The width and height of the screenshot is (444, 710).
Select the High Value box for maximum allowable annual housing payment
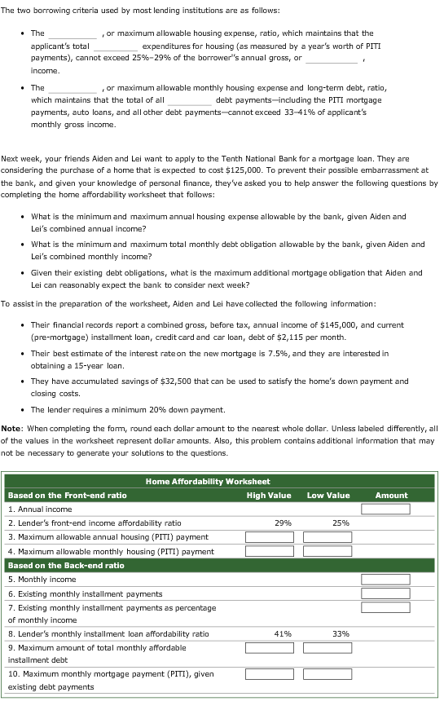tap(269, 537)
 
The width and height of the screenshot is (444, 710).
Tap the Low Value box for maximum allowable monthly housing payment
tap(328, 551)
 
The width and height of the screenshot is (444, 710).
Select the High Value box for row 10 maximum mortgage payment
tap(269, 675)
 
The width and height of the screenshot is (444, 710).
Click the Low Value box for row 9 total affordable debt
tap(328, 648)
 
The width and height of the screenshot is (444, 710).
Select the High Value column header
tap(268, 495)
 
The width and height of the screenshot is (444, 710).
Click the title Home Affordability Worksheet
tap(208, 482)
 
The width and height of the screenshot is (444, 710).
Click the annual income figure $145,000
tap(340, 324)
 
